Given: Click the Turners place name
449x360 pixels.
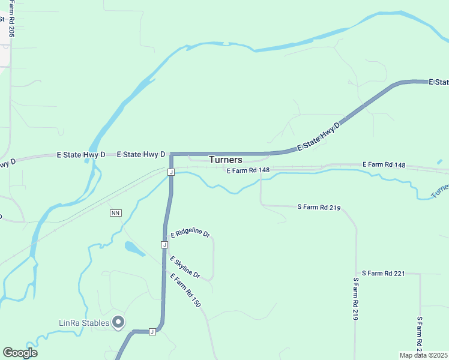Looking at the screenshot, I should point(226,160).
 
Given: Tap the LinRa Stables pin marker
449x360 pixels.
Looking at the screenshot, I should point(118,322).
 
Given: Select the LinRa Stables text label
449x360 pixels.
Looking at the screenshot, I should point(84,323).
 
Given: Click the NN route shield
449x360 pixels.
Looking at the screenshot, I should point(116,213).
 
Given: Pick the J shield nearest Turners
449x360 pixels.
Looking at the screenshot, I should point(171,172).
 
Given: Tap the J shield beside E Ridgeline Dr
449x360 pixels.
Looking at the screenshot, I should point(164,245).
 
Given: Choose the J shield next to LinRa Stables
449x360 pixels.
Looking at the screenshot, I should point(152,331).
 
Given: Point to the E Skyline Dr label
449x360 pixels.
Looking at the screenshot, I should point(184,267).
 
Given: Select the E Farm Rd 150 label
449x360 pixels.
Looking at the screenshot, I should point(185,291).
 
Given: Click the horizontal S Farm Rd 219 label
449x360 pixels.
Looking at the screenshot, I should point(319,207).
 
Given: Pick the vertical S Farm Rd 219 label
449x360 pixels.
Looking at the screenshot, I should point(355,299).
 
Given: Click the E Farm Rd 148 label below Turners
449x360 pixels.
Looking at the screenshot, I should point(248,170).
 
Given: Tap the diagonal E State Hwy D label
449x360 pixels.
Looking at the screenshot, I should point(318,137).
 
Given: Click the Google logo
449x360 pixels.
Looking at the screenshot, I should point(20,352).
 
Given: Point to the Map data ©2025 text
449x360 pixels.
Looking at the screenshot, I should point(424,355).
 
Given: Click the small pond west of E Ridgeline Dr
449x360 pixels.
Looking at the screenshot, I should point(134,248).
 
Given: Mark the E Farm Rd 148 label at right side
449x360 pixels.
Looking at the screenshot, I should point(384,164).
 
